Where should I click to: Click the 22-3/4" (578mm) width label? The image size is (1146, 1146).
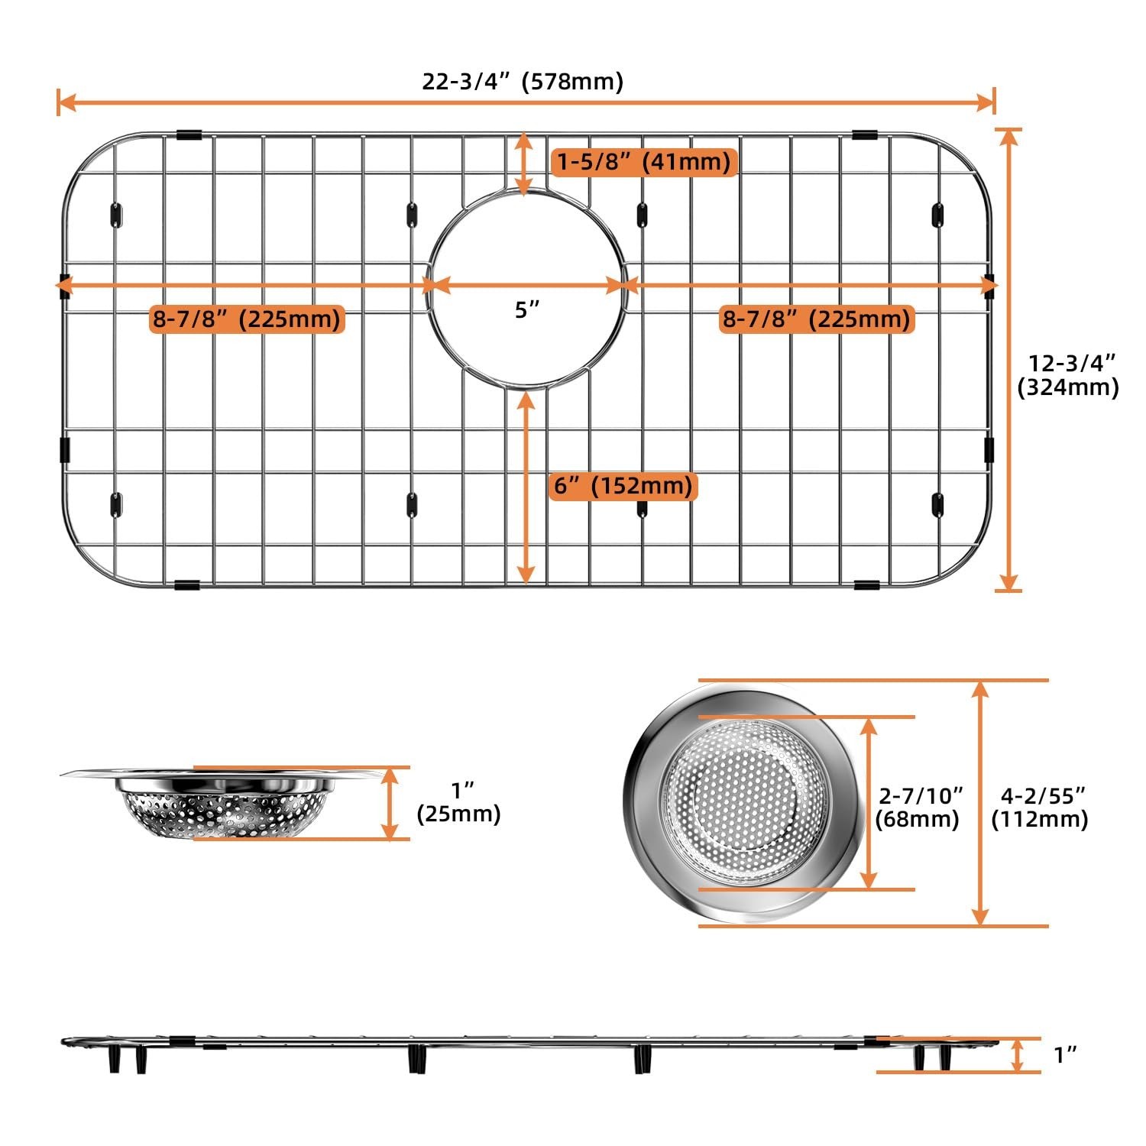pos(523,81)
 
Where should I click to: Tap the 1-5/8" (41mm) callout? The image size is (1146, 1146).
pos(644,161)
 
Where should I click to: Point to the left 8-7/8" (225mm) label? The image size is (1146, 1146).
pos(247,319)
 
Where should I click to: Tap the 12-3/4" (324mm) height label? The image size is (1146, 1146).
pos(1068,374)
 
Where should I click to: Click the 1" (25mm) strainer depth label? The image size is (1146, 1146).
pos(458,801)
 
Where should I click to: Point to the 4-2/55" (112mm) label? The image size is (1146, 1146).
pos(1039,807)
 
